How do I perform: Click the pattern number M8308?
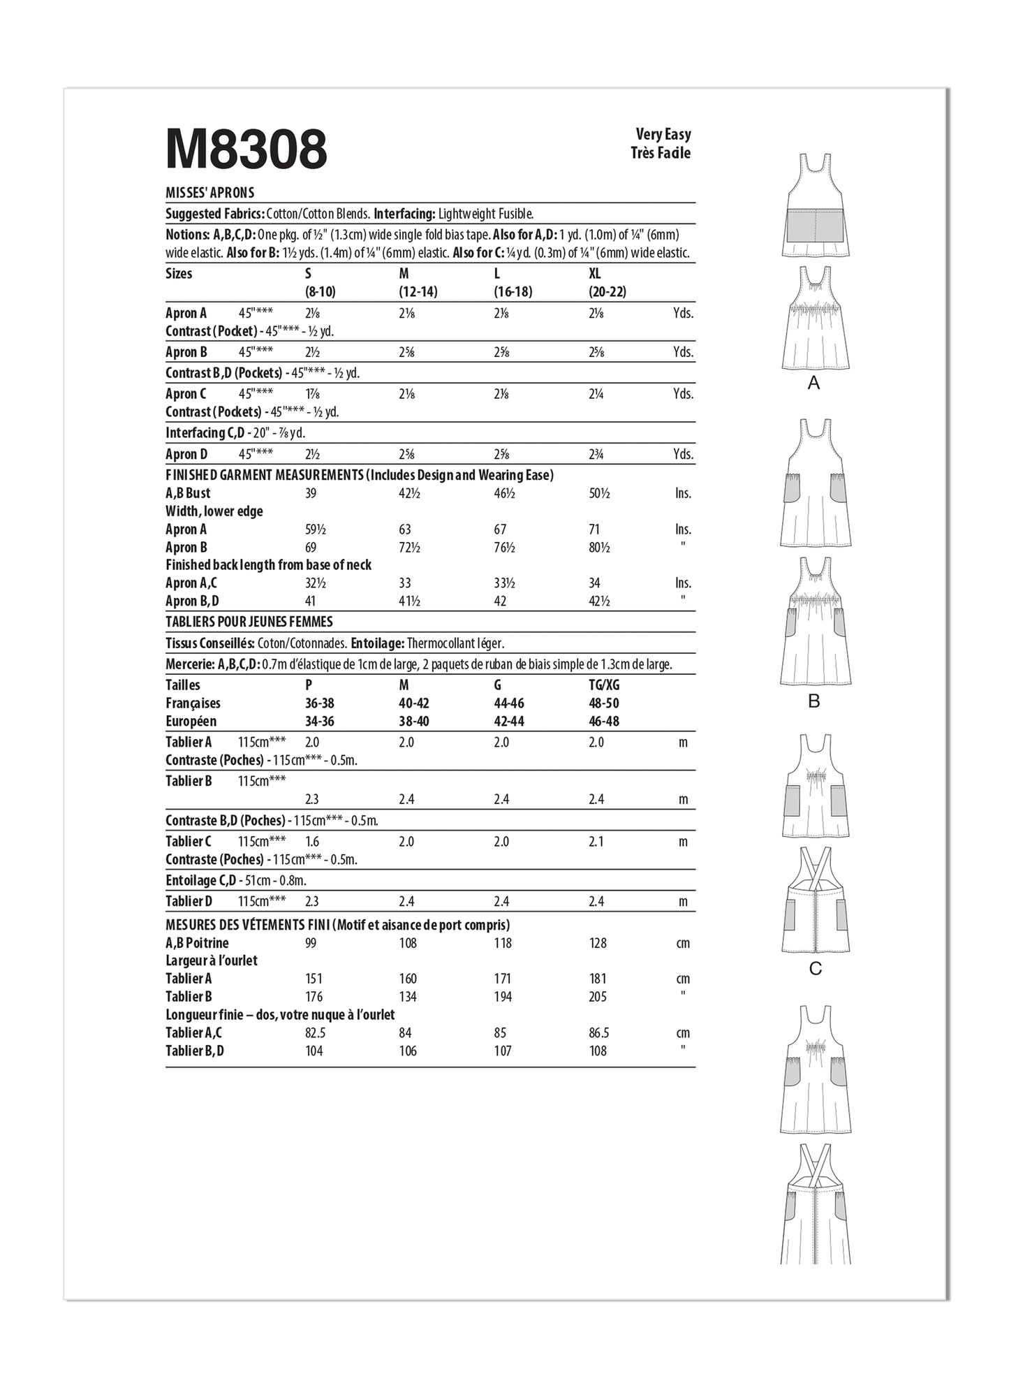246,149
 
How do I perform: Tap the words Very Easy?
663,134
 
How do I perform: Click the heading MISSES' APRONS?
210,193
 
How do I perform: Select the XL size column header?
594,274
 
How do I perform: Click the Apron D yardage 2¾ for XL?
596,455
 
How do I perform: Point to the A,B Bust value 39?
311,493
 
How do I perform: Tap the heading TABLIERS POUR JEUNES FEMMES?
249,622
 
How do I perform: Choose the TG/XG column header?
604,685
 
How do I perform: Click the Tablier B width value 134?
408,997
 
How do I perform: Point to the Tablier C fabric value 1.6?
312,842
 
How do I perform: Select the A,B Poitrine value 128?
598,943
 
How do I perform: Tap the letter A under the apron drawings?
813,383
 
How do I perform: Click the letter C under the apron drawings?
815,969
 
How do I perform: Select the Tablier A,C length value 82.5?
314,1033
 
